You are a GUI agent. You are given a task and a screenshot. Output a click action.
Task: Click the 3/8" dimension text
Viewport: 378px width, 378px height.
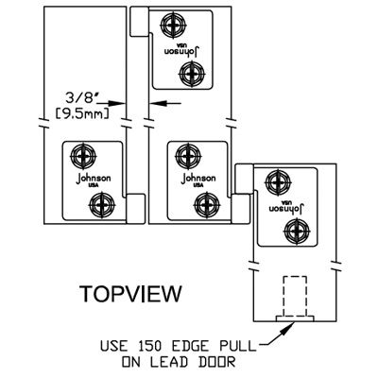(80, 98)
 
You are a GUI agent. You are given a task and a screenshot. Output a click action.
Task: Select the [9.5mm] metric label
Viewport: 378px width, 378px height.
(82, 113)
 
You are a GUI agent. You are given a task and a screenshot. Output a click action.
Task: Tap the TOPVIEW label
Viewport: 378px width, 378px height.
(130, 294)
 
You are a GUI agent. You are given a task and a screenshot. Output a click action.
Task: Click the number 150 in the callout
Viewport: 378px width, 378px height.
(148, 346)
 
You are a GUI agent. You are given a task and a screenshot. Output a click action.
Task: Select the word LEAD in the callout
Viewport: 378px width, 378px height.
(168, 362)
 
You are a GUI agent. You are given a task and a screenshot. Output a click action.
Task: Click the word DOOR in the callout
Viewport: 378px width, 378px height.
(217, 362)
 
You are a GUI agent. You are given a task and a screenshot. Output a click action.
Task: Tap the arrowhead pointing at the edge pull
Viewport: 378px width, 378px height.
(287, 329)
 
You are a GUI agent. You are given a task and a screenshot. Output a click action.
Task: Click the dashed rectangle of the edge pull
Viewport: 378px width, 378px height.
(295, 297)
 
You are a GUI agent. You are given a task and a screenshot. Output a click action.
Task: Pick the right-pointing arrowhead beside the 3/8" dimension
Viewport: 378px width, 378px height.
(119, 103)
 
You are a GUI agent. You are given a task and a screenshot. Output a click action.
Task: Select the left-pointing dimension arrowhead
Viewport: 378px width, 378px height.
(157, 103)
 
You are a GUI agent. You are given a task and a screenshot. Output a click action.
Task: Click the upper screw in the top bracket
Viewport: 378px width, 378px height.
(174, 25)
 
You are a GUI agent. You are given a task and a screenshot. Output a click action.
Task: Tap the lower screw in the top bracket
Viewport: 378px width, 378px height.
(192, 75)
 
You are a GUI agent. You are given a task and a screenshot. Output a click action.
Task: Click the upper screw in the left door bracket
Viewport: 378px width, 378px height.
(83, 156)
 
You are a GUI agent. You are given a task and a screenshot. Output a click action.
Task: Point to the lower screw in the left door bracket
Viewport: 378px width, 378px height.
(102, 205)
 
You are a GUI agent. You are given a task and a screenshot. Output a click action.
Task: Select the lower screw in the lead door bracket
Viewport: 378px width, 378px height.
(296, 231)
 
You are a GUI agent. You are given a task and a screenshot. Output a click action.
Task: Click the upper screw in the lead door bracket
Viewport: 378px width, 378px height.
(278, 181)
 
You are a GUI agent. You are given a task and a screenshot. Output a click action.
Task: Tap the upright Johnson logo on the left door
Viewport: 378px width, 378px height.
(94, 180)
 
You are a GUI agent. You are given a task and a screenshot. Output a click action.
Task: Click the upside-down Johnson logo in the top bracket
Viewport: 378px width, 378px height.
(183, 50)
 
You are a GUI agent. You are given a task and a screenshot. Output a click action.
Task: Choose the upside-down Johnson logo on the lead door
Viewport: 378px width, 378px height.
(286, 207)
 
